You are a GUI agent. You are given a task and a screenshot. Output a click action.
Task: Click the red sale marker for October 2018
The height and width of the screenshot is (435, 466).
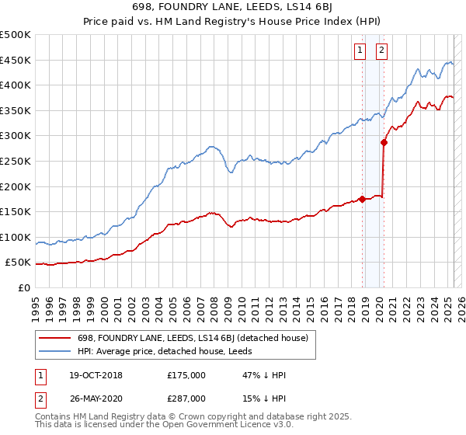point(362,199)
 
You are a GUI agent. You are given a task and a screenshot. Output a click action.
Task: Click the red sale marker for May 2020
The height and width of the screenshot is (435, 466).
point(384,142)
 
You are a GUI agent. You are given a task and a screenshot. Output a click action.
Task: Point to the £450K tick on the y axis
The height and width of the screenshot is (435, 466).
point(16,60)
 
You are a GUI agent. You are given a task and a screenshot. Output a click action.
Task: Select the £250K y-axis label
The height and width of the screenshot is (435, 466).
point(16,161)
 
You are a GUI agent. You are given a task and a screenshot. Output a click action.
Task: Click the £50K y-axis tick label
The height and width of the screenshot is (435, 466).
point(19,263)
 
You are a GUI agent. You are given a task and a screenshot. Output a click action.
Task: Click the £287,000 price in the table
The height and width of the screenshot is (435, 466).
point(186,398)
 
